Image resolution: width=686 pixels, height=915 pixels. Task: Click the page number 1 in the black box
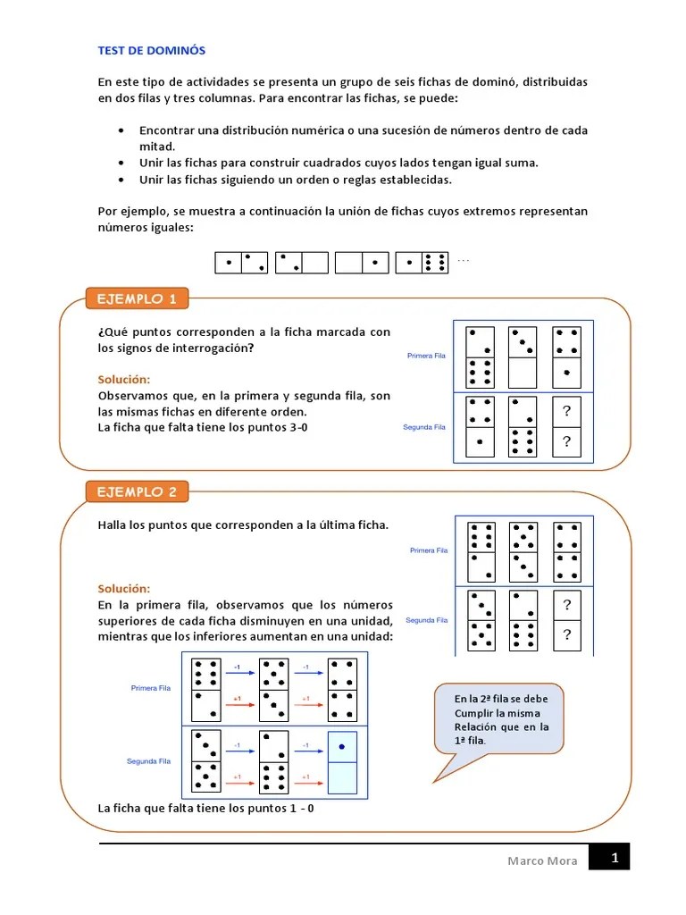click(x=614, y=859)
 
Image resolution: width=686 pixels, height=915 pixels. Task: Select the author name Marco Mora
click(x=542, y=861)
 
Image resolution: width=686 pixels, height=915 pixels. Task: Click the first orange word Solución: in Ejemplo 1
click(x=124, y=380)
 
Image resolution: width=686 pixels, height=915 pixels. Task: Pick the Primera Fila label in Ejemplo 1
click(x=426, y=356)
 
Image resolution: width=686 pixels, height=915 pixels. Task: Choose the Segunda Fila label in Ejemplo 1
click(x=424, y=427)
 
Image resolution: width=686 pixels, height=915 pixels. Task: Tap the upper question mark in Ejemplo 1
click(x=565, y=411)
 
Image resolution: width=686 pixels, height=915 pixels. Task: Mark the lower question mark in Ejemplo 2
click(x=565, y=635)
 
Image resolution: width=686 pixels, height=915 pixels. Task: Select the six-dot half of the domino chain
click(x=435, y=262)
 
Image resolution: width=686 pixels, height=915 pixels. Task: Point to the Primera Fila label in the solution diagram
click(x=150, y=688)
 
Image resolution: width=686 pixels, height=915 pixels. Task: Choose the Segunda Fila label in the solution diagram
click(x=148, y=761)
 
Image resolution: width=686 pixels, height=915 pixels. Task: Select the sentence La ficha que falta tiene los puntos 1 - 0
click(x=205, y=809)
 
